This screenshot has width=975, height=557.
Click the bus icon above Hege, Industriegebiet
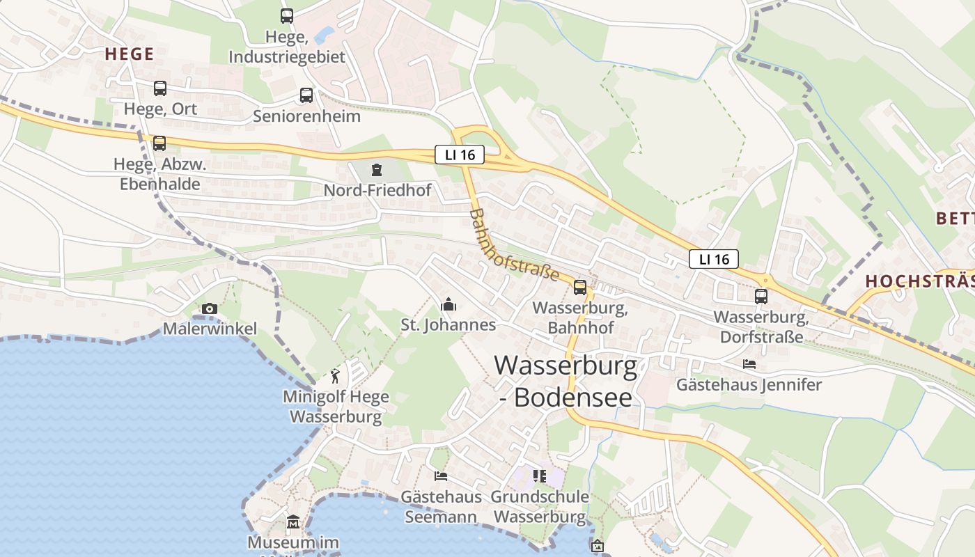pos(287,15)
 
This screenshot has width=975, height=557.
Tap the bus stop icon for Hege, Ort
pos(160,88)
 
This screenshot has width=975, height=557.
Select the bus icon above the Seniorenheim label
pos(306,95)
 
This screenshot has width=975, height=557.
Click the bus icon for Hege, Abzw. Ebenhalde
pos(159,143)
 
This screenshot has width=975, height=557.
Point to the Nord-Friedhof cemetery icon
pos(377,170)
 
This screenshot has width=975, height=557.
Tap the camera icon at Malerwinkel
pos(210,308)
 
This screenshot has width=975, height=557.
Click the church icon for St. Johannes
pos(448,304)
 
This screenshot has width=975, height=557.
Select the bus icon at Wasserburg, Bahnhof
pos(580,288)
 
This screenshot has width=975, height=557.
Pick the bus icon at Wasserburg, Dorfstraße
pos(761,297)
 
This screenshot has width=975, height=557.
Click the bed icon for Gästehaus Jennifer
pos(749,364)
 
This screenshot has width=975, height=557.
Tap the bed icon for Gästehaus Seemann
pos(441,476)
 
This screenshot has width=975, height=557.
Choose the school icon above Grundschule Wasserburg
pos(540,476)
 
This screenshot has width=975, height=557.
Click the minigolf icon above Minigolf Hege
pos(336,376)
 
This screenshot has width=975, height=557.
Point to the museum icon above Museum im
pos(293,522)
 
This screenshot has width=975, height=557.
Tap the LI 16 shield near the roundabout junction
pos(459,155)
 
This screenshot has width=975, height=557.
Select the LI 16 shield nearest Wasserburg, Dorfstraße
pos(714,259)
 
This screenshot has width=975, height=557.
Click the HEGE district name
pos(130,54)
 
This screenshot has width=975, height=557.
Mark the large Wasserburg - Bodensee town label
pos(565,381)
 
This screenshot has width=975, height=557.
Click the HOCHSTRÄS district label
pos(919,281)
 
